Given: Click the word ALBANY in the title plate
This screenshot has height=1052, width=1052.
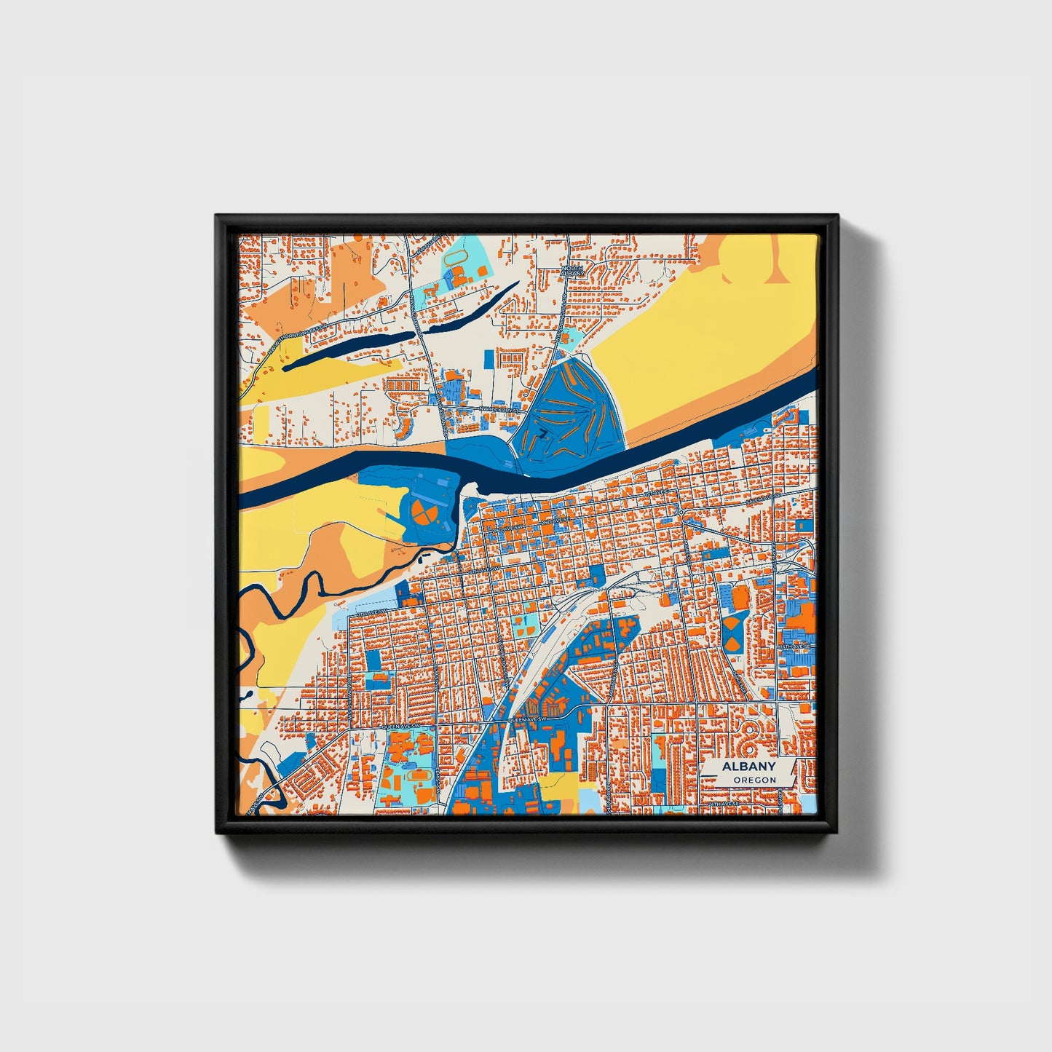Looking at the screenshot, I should (748, 767).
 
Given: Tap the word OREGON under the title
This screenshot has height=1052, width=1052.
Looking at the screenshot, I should (754, 780).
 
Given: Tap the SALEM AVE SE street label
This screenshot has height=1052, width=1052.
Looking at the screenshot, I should (763, 499).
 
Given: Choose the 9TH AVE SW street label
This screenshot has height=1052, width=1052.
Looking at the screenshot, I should (368, 614).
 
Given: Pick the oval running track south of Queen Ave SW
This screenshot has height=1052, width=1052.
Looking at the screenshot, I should (418, 775).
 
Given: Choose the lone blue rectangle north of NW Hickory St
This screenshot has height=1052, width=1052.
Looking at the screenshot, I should (489, 358).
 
